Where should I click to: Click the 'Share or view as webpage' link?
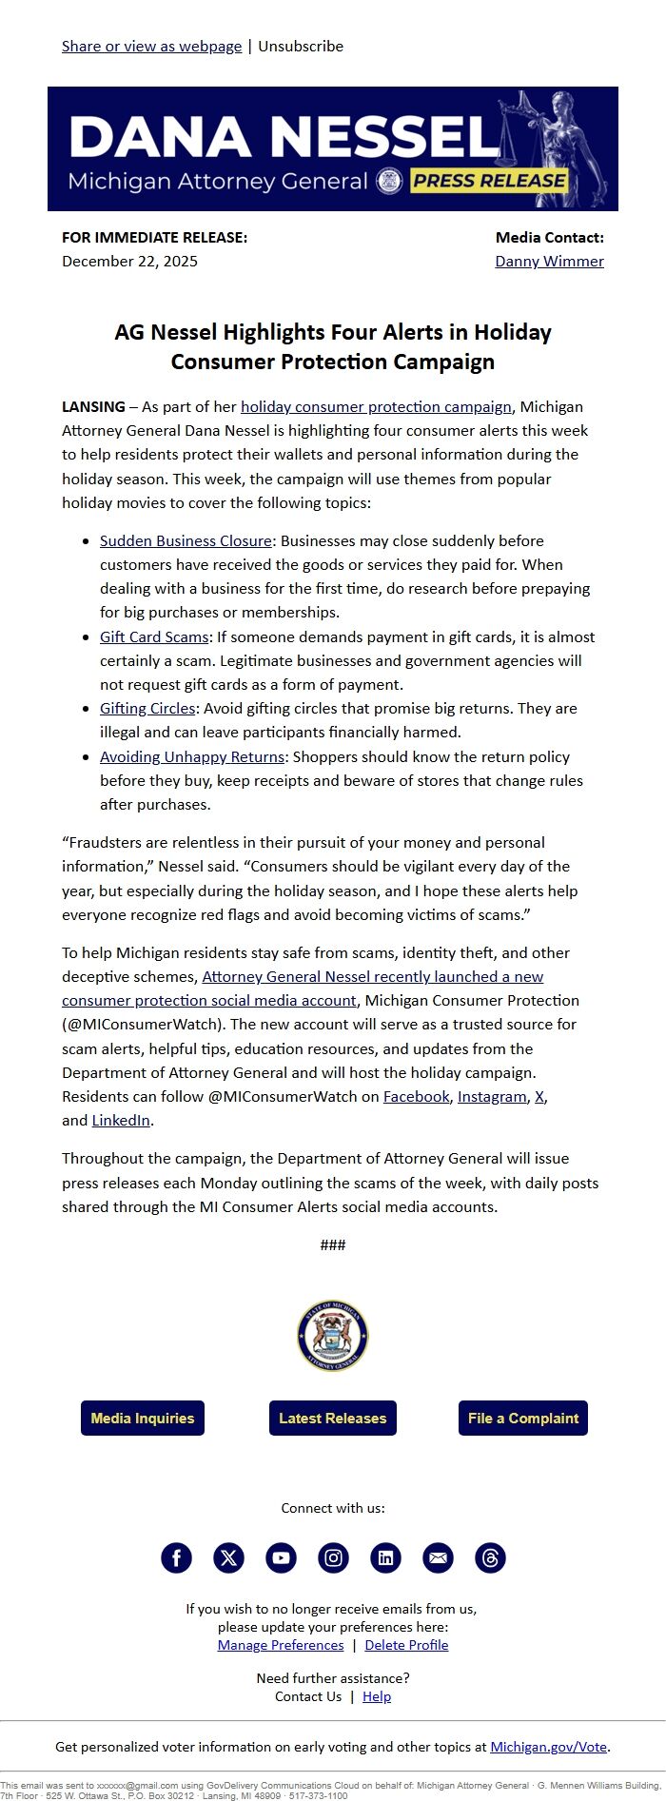point(151,46)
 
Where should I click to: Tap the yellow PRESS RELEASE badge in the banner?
point(489,181)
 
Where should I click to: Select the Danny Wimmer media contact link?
point(549,261)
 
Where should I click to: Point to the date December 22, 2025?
point(129,261)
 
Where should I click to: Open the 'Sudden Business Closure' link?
point(186,540)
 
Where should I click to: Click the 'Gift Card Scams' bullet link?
point(153,636)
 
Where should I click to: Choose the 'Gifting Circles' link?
point(147,708)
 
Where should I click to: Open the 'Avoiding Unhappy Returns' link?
point(192,756)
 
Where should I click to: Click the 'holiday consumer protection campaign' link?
point(376,406)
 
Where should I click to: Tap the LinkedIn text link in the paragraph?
point(121,1120)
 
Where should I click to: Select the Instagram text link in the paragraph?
point(492,1096)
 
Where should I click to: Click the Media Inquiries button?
point(143,1418)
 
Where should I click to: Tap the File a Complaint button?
point(522,1418)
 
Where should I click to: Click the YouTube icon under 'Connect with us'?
point(281,1557)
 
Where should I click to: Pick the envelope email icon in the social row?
point(438,1557)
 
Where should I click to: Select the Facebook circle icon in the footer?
point(176,1557)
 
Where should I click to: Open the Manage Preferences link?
point(281,1645)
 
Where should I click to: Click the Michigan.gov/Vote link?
point(548,1746)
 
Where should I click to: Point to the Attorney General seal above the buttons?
point(332,1336)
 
